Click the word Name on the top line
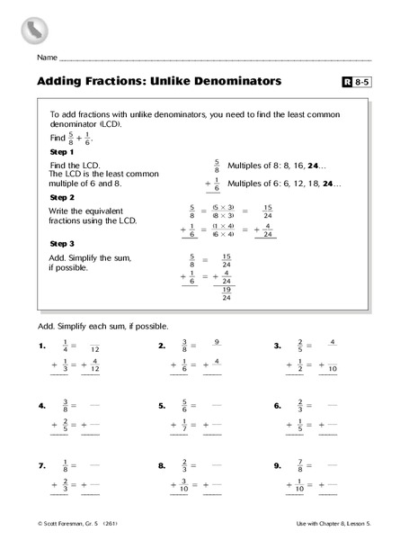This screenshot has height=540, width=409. (48, 58)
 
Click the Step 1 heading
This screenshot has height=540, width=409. (65, 153)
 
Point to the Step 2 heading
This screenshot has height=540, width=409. (65, 196)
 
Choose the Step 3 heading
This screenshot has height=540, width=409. (65, 243)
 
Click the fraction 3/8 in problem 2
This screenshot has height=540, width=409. (185, 346)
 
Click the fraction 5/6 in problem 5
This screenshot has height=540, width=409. (185, 407)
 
